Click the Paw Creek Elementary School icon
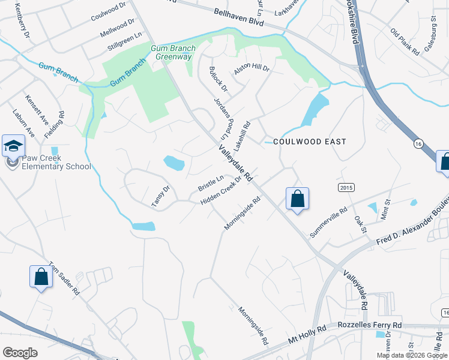pyautogui.click(x=13, y=145)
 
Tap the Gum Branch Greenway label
pyautogui.click(x=173, y=52)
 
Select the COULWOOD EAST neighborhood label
pyautogui.click(x=309, y=142)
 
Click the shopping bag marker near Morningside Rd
pyautogui.click(x=298, y=199)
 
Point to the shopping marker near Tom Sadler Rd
pyautogui.click(x=41, y=277)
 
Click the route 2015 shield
pyautogui.click(x=346, y=188)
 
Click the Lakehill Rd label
pyautogui.click(x=242, y=134)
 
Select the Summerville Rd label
pyautogui.click(x=328, y=223)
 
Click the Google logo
pyautogui.click(x=19, y=353)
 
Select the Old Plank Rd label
pyautogui.click(x=404, y=40)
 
